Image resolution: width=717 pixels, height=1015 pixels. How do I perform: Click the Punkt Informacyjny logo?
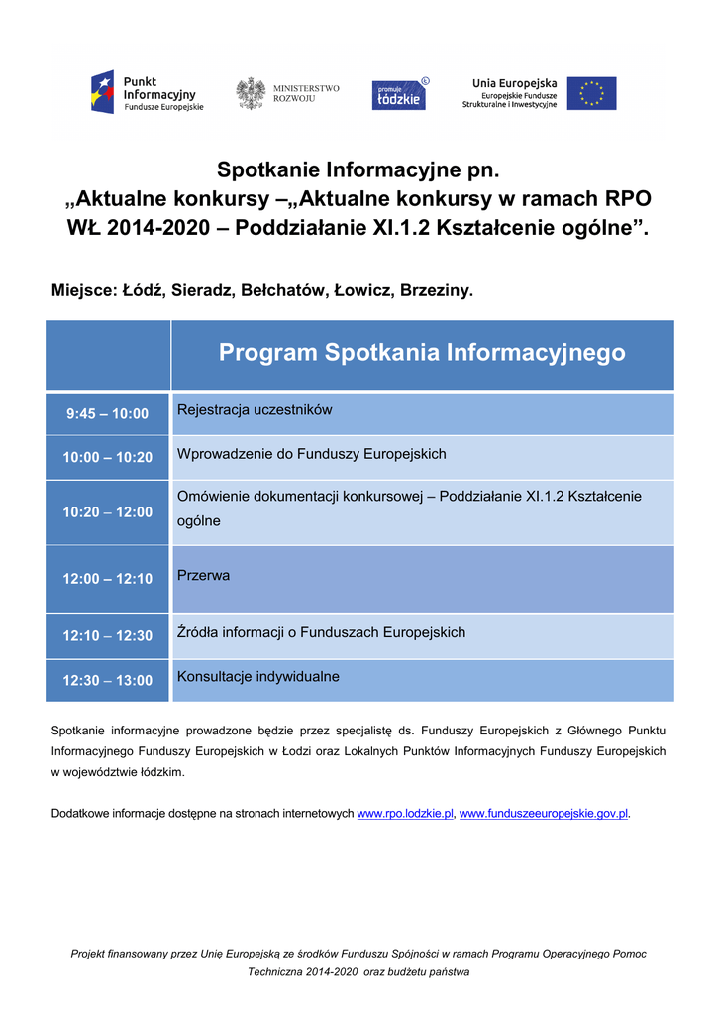147,93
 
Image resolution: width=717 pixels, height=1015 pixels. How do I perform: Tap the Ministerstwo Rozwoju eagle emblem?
251,93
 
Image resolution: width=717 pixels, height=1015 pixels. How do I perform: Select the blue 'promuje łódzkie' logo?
399,94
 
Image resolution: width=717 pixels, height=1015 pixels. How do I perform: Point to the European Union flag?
591,93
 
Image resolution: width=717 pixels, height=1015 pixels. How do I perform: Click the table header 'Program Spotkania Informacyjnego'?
422,353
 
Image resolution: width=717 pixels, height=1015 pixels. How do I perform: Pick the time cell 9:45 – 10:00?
108,414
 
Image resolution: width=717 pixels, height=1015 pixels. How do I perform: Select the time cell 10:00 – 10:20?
108,458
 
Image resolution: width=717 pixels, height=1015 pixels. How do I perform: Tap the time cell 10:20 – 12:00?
108,512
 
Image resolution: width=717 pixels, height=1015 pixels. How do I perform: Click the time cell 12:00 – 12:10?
108,579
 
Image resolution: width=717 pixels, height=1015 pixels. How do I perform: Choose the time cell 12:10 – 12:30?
108,636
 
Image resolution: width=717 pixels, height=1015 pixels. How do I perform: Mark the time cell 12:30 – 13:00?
108,681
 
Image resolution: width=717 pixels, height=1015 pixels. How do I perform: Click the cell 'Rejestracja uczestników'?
255,410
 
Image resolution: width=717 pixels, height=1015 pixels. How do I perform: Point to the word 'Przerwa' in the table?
203,575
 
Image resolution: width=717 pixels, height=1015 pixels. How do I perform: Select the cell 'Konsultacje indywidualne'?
258,677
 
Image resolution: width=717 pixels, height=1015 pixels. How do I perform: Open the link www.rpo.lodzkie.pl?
405,814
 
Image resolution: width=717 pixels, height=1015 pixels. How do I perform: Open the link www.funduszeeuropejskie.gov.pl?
544,814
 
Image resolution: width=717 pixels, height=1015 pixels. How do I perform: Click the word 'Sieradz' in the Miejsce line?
200,291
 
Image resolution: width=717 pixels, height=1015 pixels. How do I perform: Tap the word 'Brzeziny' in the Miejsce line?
435,291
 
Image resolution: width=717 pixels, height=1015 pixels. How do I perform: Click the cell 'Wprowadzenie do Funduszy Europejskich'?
312,454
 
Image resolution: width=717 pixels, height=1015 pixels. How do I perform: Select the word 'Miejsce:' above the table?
83,291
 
